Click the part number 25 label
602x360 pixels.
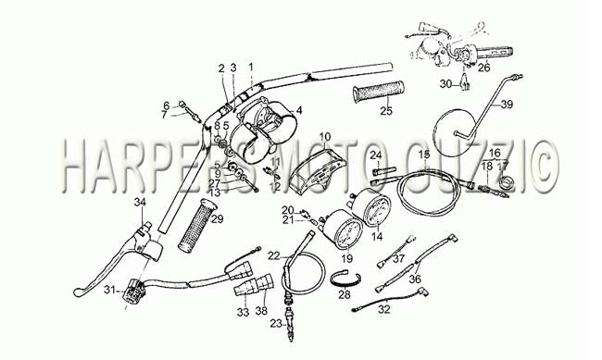point(386,110)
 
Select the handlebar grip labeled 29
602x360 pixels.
point(196,225)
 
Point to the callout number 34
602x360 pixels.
point(140,202)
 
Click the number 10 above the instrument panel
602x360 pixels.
point(324,137)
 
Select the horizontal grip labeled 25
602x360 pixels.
point(379,93)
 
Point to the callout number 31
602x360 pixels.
point(109,291)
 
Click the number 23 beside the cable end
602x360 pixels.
point(275,324)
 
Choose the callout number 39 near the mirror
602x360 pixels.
point(507,104)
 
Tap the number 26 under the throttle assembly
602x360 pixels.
point(484,68)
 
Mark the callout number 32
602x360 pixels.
point(384,309)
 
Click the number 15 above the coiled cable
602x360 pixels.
point(424,155)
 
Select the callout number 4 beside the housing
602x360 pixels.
point(299,110)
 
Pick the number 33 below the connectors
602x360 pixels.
point(243,312)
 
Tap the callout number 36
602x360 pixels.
point(415,279)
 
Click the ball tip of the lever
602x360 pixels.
point(77,292)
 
